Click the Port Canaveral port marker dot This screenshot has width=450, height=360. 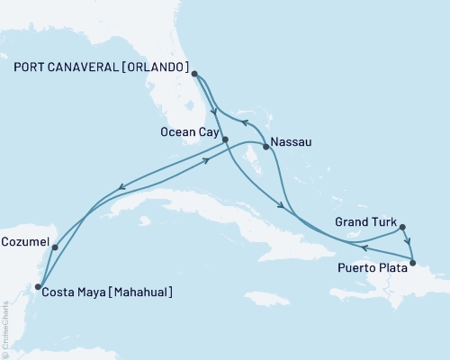point(193,76)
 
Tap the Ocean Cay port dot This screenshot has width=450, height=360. point(225,139)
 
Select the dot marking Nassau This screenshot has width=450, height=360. point(265,147)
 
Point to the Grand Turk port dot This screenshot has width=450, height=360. point(402,227)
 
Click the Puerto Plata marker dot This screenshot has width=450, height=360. point(413,264)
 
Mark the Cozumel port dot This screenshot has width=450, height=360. point(55,247)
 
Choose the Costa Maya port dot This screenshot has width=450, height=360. point(37,287)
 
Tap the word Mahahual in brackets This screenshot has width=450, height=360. point(139,292)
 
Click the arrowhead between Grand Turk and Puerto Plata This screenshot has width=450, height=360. point(409,241)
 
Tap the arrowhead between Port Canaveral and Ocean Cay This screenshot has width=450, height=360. point(212,112)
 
